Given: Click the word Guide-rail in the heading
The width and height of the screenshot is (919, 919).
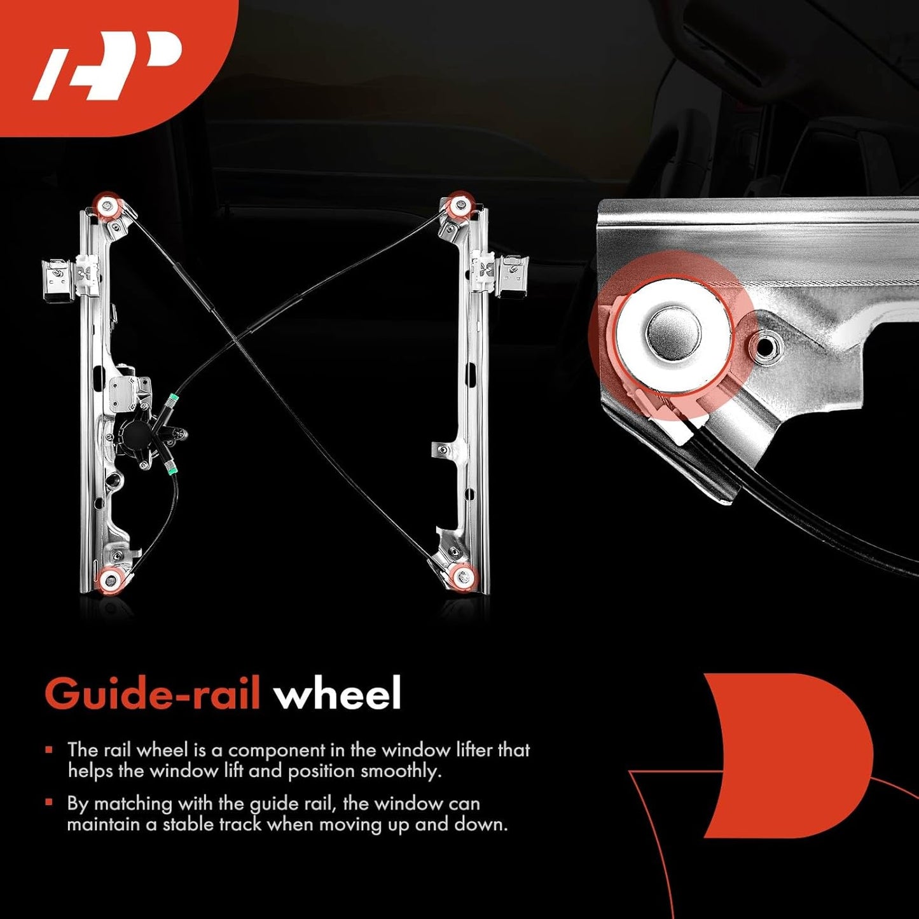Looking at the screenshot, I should [x=152, y=693].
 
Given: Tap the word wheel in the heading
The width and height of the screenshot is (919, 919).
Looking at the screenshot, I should [x=338, y=693].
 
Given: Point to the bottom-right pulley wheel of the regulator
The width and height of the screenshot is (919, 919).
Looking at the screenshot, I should [x=462, y=577].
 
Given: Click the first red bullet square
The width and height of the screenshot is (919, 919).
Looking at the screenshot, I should [x=49, y=749].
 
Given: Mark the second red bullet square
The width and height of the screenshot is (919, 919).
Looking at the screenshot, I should [x=49, y=803].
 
